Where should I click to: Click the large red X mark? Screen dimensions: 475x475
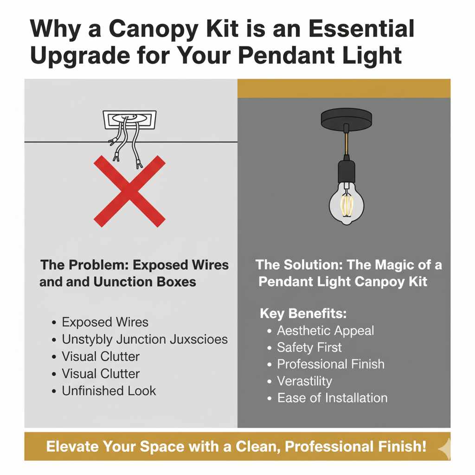point(129,191)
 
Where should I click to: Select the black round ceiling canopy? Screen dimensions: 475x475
point(347,119)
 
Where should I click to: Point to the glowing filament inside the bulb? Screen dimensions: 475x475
point(347,204)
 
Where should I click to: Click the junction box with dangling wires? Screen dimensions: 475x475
point(129,120)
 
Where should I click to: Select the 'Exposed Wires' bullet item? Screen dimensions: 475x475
point(105,322)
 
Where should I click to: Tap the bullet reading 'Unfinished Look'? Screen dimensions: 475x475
point(109,391)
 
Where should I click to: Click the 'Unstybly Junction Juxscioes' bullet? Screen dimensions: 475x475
point(144,340)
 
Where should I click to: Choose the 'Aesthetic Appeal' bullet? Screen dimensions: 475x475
point(325,331)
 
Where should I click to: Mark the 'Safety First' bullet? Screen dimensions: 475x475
point(309,347)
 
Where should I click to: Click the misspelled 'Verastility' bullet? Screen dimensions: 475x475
point(304,381)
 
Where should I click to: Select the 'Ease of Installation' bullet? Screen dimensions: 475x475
point(332,398)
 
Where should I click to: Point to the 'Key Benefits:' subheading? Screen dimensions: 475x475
point(303,313)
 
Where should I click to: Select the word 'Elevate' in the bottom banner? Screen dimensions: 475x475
point(73,447)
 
